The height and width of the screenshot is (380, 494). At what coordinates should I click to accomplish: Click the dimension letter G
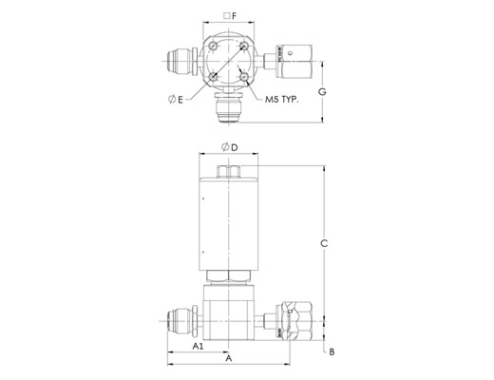click(322, 92)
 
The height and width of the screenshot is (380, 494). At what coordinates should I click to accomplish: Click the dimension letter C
click(324, 243)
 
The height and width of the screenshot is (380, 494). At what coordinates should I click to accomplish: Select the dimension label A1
click(198, 346)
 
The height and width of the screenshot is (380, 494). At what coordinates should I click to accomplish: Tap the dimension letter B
click(332, 351)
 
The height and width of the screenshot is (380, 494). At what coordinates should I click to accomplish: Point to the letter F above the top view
click(234, 16)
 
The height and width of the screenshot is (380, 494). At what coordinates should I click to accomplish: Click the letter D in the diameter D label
click(235, 147)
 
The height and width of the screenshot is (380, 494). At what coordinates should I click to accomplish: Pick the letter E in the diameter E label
click(180, 100)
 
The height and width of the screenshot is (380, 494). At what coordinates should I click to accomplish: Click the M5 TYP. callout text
click(282, 100)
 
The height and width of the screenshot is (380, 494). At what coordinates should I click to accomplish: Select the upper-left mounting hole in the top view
click(214, 47)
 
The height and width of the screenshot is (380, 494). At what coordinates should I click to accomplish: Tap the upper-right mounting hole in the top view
click(244, 47)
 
